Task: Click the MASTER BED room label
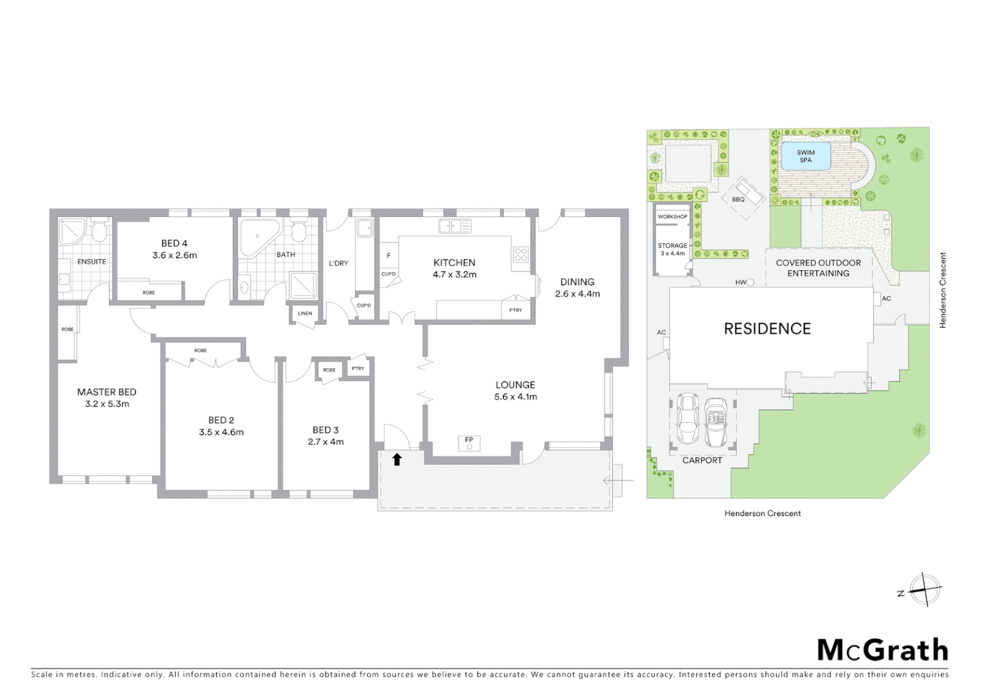(x=107, y=391)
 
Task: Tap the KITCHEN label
(x=454, y=262)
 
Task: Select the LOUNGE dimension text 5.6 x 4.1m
(x=515, y=397)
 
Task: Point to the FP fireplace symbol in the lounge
(x=469, y=442)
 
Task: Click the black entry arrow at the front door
(x=397, y=459)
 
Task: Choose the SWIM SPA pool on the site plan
(x=805, y=156)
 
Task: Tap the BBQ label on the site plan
(x=738, y=200)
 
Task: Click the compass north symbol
(x=925, y=589)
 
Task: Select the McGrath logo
(x=882, y=650)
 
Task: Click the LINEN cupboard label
(x=305, y=314)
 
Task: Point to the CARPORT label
(x=702, y=460)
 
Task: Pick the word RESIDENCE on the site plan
(x=767, y=329)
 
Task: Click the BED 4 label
(x=174, y=243)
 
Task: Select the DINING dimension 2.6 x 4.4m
(x=577, y=294)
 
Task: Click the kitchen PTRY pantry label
(x=515, y=311)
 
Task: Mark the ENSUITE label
(x=92, y=262)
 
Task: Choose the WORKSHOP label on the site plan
(x=672, y=217)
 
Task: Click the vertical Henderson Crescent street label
(x=942, y=290)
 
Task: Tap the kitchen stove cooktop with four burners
(x=520, y=254)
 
